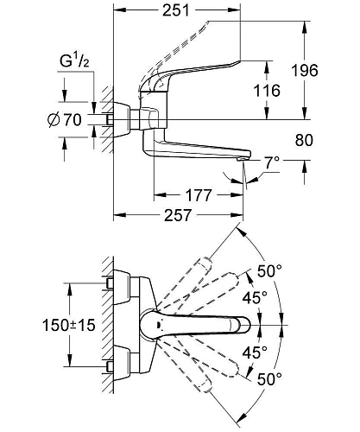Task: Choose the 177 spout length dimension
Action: (x=199, y=195)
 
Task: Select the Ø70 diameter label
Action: (x=71, y=121)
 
